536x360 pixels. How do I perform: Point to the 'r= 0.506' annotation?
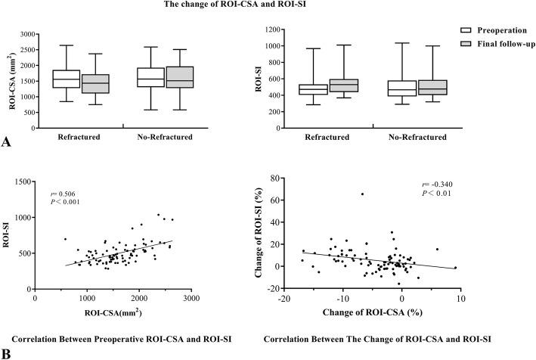pyautogui.click(x=59, y=192)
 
